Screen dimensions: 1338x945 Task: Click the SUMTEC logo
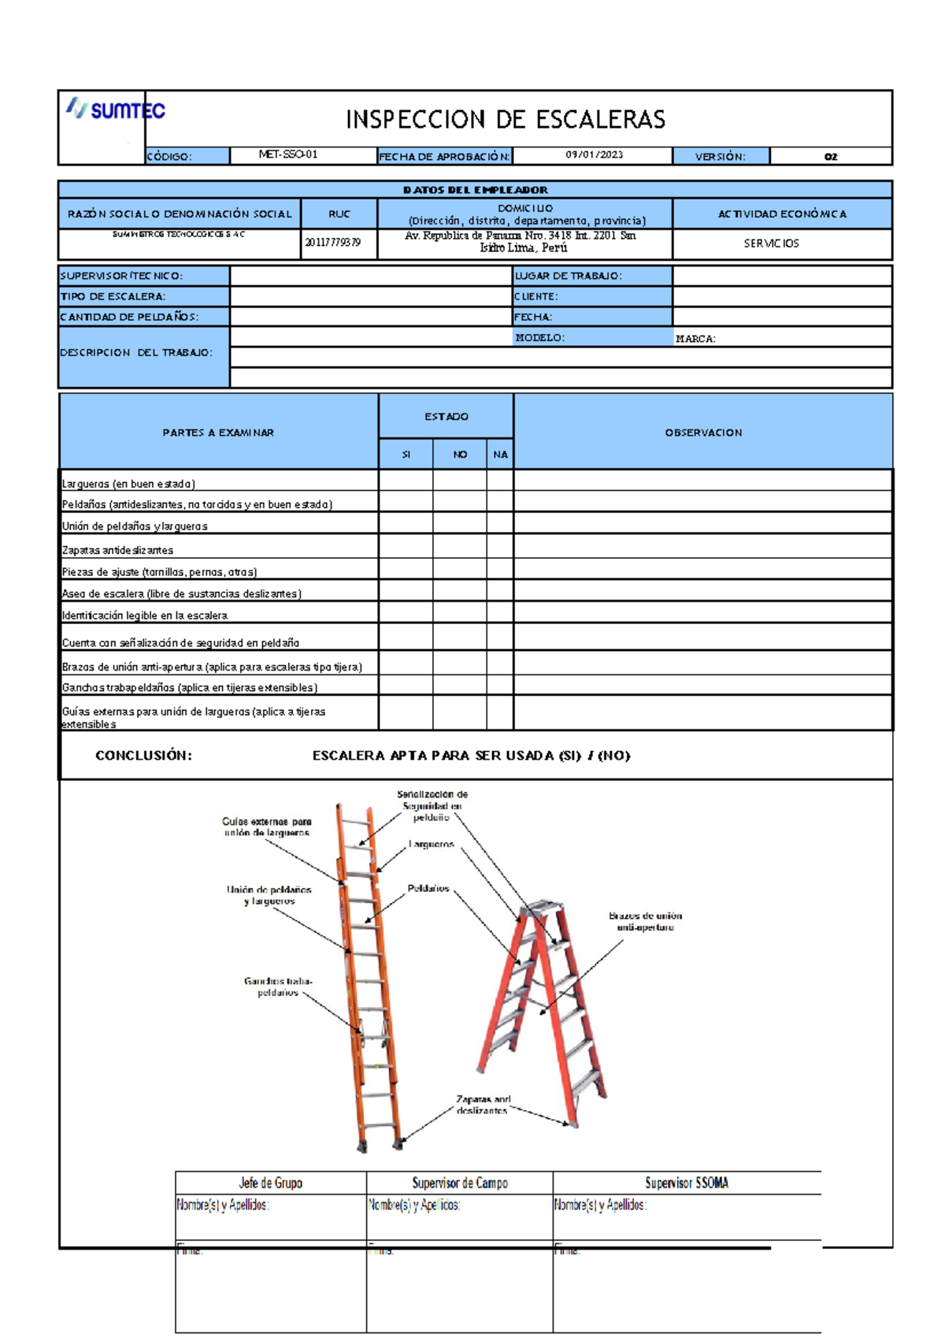(x=117, y=109)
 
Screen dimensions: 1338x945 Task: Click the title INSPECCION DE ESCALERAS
(x=506, y=120)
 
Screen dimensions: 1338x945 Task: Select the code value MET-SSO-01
(x=288, y=155)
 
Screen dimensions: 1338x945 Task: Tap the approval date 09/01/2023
(x=594, y=155)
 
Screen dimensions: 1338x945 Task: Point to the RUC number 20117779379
(x=333, y=243)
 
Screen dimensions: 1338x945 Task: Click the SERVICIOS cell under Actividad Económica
(x=771, y=243)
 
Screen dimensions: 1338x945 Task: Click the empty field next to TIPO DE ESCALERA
(x=370, y=297)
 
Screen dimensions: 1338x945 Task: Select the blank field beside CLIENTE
(x=781, y=297)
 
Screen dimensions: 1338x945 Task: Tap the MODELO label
(x=539, y=338)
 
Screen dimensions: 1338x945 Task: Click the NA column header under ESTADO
(x=500, y=455)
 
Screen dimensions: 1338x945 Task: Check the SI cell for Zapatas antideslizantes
(x=406, y=546)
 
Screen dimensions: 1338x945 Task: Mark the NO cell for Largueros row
(x=459, y=480)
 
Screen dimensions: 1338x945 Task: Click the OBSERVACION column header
(x=703, y=433)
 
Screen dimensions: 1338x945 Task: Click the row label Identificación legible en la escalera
(x=145, y=615)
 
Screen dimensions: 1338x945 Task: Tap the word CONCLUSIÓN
(x=143, y=756)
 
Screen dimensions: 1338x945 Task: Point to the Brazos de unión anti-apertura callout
(x=645, y=922)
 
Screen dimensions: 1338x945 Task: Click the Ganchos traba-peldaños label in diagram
(x=278, y=987)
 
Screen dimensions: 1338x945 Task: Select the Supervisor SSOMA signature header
(x=686, y=1184)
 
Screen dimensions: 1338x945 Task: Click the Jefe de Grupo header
(x=270, y=1184)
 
